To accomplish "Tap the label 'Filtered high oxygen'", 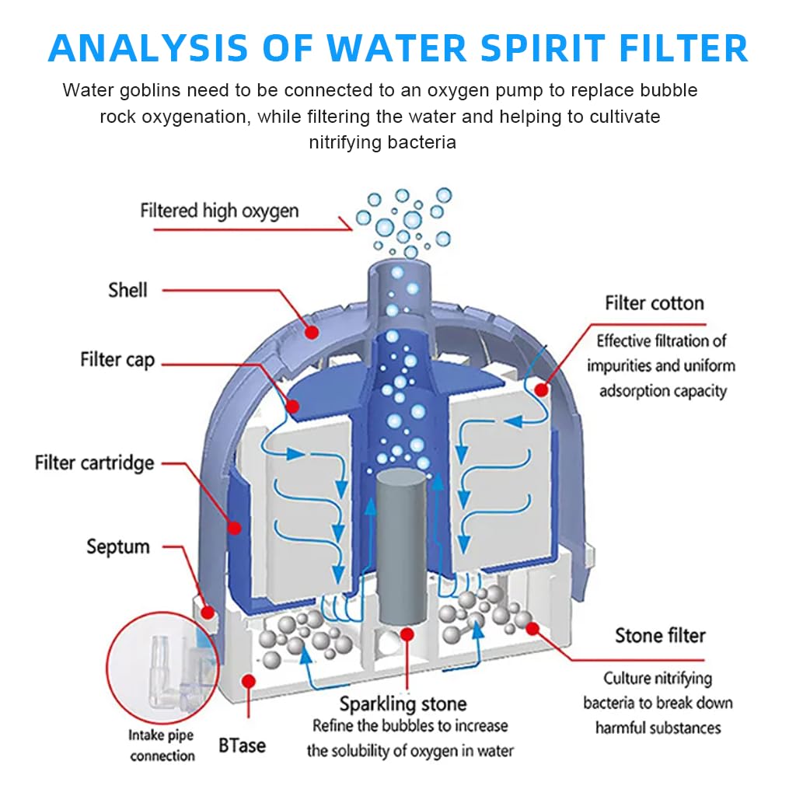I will coord(219,211).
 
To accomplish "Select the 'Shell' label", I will coord(127,291).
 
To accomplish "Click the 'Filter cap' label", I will coord(117,360).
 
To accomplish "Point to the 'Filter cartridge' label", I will coord(95,463).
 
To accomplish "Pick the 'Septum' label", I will coord(118,546).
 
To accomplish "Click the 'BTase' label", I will coord(242,745).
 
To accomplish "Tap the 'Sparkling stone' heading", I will coord(403,704).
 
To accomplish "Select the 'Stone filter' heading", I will coord(660,636).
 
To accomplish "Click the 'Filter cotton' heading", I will coord(655,303).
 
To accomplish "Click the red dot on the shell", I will coord(312,333).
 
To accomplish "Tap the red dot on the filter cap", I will coord(293,405).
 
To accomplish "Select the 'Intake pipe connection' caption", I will coord(162,745).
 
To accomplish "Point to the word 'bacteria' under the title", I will coord(423,142).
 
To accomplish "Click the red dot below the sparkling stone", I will coord(406,635).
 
